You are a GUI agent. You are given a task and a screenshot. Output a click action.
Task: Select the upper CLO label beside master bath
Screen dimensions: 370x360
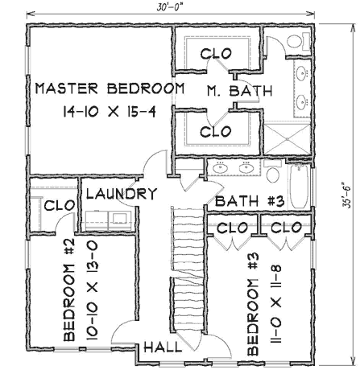click(216, 54)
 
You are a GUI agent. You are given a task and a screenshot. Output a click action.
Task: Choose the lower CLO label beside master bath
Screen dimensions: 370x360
click(216, 129)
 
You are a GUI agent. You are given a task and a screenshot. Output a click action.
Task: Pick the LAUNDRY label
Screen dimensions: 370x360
click(120, 194)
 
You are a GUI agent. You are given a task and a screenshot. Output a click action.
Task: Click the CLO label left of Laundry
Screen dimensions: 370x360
click(59, 206)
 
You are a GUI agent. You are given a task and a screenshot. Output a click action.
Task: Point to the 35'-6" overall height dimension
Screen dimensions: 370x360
click(346, 193)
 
